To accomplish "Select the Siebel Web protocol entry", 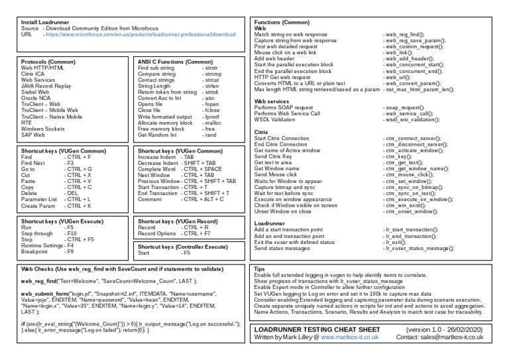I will tap(37, 92).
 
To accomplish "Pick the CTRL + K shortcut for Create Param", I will tap(78, 206).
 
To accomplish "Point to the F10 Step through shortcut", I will tap(70, 234).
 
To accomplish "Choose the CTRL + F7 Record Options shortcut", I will tap(196, 234).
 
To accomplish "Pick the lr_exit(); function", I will tap(396, 242).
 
